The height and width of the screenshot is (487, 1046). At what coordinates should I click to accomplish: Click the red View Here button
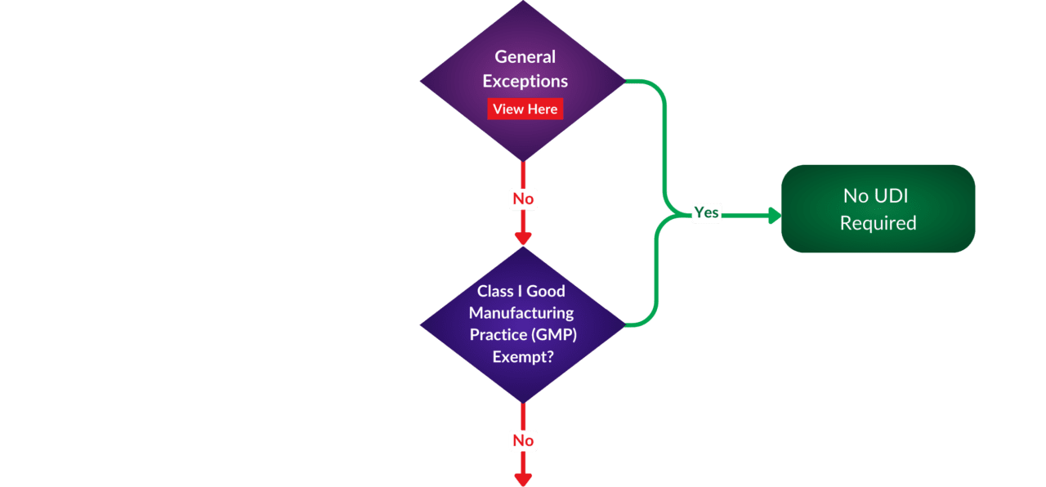[525, 109]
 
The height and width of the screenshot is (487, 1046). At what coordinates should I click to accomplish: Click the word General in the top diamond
[525, 57]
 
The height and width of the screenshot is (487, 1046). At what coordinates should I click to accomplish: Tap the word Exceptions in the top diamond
[525, 81]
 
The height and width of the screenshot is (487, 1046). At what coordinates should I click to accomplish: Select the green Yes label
[706, 212]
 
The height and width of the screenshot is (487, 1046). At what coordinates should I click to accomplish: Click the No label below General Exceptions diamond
[523, 199]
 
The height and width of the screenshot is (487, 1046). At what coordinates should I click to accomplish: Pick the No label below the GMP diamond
[523, 440]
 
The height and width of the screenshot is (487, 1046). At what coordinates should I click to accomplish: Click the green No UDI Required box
[878, 209]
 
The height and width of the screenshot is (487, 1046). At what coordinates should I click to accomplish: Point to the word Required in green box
[878, 223]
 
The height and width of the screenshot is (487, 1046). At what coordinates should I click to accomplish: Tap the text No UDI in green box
[875, 196]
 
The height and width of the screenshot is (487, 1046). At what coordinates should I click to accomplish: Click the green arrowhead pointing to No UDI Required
[773, 216]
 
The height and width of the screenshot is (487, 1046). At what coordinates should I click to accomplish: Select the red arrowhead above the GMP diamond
[523, 238]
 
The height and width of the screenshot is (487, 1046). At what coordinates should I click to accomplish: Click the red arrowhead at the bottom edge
[523, 479]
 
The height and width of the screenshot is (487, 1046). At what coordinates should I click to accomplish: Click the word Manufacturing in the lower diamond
[521, 312]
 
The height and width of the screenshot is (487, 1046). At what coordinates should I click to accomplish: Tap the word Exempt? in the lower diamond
[522, 357]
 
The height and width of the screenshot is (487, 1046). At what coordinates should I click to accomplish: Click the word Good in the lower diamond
[546, 291]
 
